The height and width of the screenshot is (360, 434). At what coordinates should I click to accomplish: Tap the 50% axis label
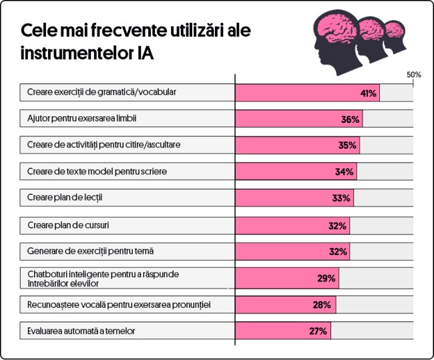point(413,74)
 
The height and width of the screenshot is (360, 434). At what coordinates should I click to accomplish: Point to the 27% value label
point(318,331)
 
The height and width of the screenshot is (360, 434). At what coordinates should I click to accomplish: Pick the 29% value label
point(326,278)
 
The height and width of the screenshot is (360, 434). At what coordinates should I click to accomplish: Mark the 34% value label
point(344,172)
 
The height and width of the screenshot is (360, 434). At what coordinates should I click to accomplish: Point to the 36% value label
point(351,119)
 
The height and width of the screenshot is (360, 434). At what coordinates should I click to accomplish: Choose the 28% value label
point(323,305)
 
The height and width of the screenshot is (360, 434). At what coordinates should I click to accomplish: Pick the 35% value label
point(347,146)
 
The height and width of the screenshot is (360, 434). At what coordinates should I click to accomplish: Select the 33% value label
point(341,198)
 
